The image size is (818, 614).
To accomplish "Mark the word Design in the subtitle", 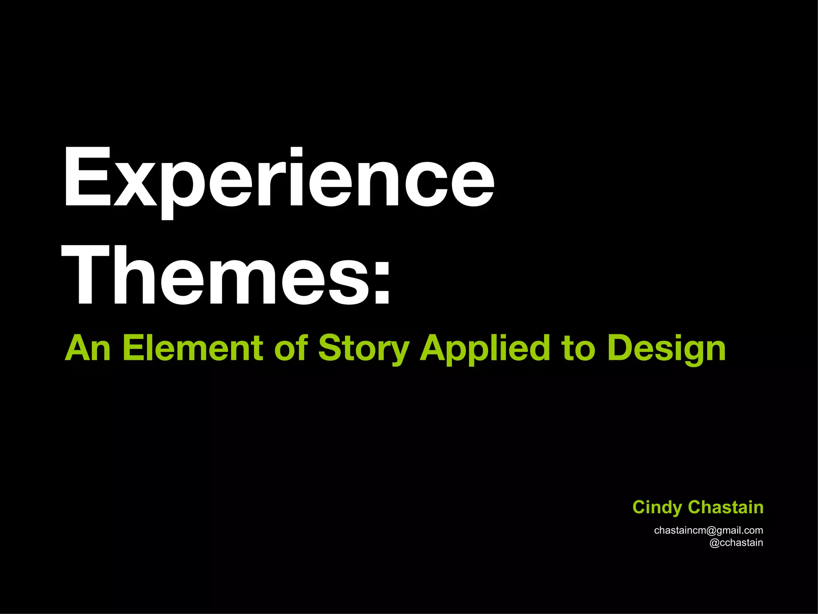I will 666,349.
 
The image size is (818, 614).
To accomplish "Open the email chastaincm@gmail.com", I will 709,530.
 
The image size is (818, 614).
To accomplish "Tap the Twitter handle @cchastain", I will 736,543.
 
